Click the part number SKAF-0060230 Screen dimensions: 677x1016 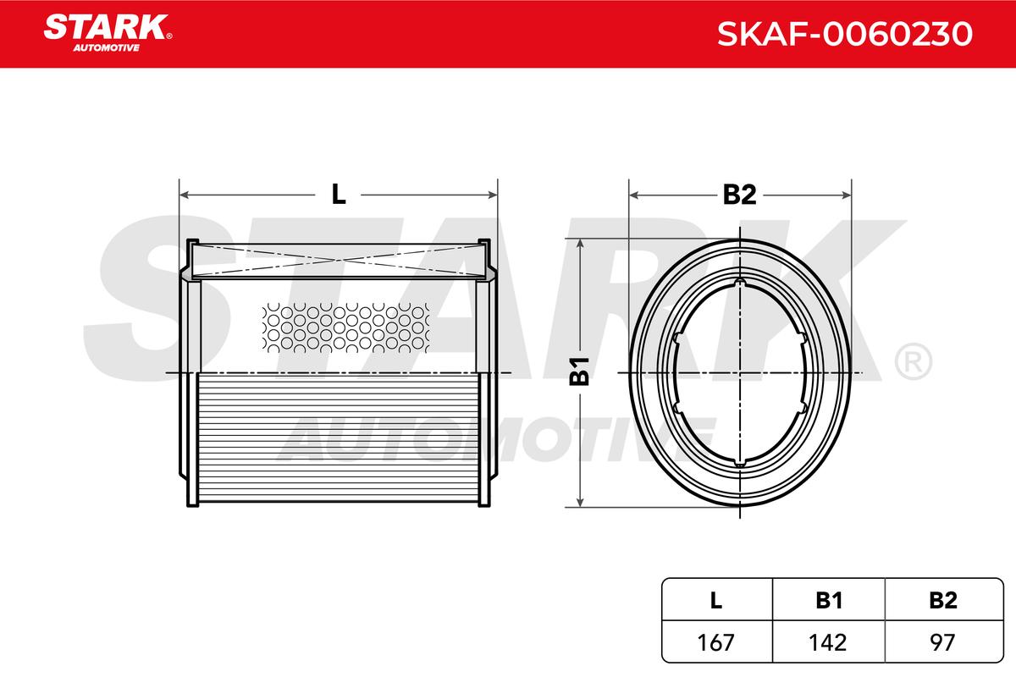click(844, 33)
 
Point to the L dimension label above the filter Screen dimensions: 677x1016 click(339, 195)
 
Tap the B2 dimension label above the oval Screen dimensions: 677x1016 click(739, 195)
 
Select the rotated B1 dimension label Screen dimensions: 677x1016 click(579, 372)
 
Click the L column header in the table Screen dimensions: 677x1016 click(716, 600)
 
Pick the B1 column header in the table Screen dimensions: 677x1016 click(829, 600)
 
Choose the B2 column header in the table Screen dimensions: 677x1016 click(942, 600)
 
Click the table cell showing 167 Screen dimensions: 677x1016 click(716, 642)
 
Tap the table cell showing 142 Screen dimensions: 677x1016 click(829, 642)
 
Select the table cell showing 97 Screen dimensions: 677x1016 click(942, 642)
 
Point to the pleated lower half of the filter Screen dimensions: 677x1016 click(339, 440)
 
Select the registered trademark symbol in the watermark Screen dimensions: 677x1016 click(912, 362)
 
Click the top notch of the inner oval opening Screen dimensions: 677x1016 click(739, 283)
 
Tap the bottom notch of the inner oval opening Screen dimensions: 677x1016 click(739, 462)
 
